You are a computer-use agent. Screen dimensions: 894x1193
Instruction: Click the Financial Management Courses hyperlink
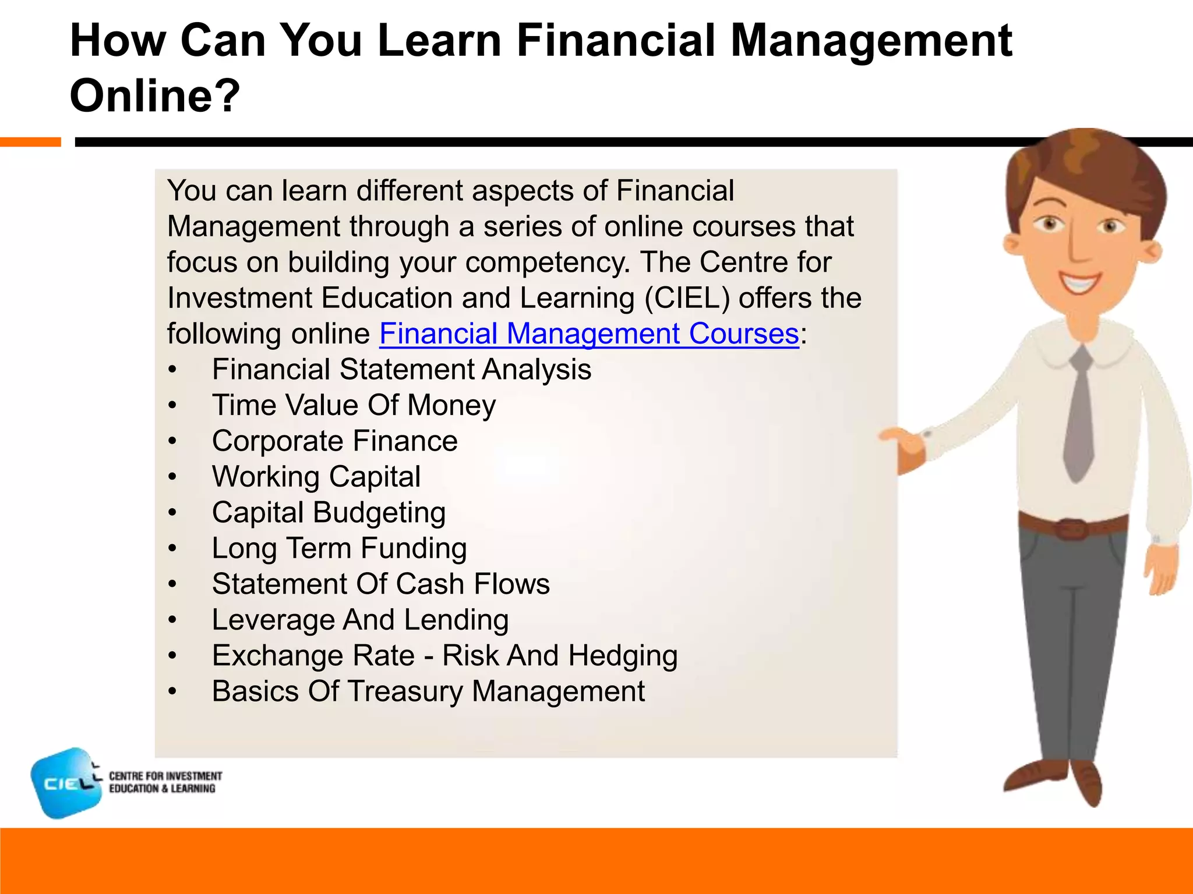pos(588,334)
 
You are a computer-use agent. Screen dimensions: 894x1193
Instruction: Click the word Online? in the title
pos(154,95)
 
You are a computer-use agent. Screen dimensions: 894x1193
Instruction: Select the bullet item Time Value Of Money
pos(354,405)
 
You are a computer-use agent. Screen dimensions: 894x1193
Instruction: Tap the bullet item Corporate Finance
pos(334,441)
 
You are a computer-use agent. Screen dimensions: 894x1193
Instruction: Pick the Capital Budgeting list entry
pos(329,513)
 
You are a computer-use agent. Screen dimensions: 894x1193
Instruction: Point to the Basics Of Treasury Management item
pos(428,691)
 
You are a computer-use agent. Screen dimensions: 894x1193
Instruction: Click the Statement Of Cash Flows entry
pos(380,584)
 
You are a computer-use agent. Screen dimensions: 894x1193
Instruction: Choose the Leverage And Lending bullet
pos(360,620)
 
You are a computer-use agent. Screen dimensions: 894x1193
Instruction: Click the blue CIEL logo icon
pos(66,783)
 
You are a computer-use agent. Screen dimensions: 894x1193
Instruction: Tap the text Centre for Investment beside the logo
pos(165,776)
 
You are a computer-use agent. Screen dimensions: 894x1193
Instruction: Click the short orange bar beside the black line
pos(30,142)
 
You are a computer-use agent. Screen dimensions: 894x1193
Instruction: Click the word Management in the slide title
pos(871,41)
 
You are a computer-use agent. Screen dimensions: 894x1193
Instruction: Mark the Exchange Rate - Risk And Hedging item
pos(444,656)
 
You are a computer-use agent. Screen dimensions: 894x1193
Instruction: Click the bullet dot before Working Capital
pos(172,477)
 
